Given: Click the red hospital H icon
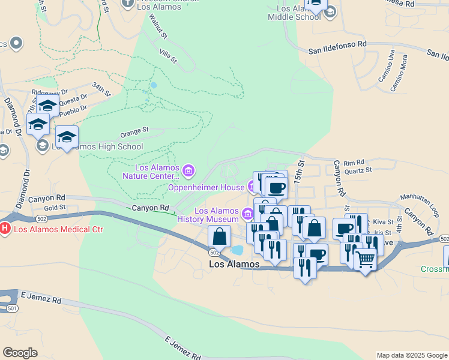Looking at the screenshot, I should point(5,229).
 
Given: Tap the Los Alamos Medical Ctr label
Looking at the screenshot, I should point(58,229).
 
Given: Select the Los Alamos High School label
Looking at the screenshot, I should point(97,146).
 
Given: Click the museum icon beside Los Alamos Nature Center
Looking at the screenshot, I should point(188,172).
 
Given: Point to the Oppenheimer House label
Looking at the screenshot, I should point(206,187).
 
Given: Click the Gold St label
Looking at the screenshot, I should point(54,208).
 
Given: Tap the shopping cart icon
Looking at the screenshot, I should point(365,260).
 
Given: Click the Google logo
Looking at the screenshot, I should point(20,353).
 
